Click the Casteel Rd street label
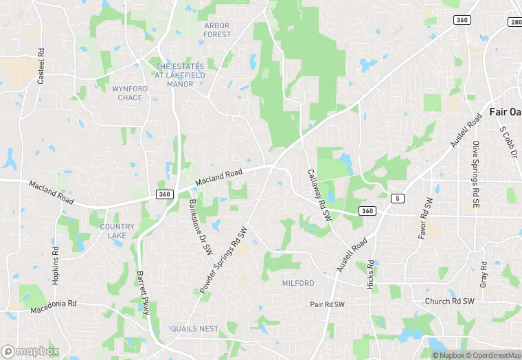coord(41,67)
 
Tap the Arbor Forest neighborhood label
coord(217,30)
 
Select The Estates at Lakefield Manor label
coord(180,74)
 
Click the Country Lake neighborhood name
coord(117,231)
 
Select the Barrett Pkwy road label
coord(144,293)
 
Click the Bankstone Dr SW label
coord(200,227)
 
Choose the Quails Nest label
coord(194,329)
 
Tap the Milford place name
coord(298,283)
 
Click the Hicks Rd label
coord(371,273)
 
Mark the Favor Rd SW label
coord(426,218)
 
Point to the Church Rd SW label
coord(449,301)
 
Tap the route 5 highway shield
coord(397,199)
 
